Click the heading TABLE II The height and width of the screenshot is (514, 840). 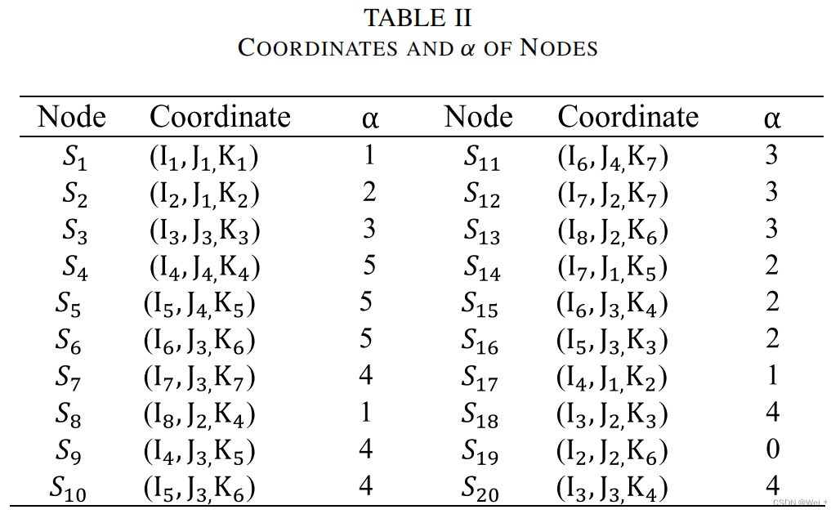(x=418, y=17)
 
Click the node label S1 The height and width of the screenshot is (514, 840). (x=74, y=157)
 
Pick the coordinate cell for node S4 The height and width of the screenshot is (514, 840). (x=204, y=267)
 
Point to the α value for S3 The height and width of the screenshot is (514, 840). (x=369, y=229)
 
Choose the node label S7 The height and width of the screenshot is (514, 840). (x=69, y=378)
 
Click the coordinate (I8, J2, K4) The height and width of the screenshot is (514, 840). (x=199, y=414)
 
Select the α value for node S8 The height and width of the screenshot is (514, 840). (x=365, y=413)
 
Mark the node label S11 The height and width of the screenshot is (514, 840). (x=482, y=157)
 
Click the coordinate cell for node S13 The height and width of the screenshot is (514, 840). (x=612, y=230)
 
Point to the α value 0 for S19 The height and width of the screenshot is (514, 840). (x=772, y=449)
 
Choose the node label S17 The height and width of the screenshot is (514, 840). (x=480, y=378)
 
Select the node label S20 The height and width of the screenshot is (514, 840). (x=480, y=489)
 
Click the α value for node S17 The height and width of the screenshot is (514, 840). (x=772, y=376)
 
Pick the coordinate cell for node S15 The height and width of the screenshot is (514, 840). (x=612, y=304)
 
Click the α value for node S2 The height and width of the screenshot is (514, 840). (x=369, y=192)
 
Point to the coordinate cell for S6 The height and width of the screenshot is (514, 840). (x=199, y=341)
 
